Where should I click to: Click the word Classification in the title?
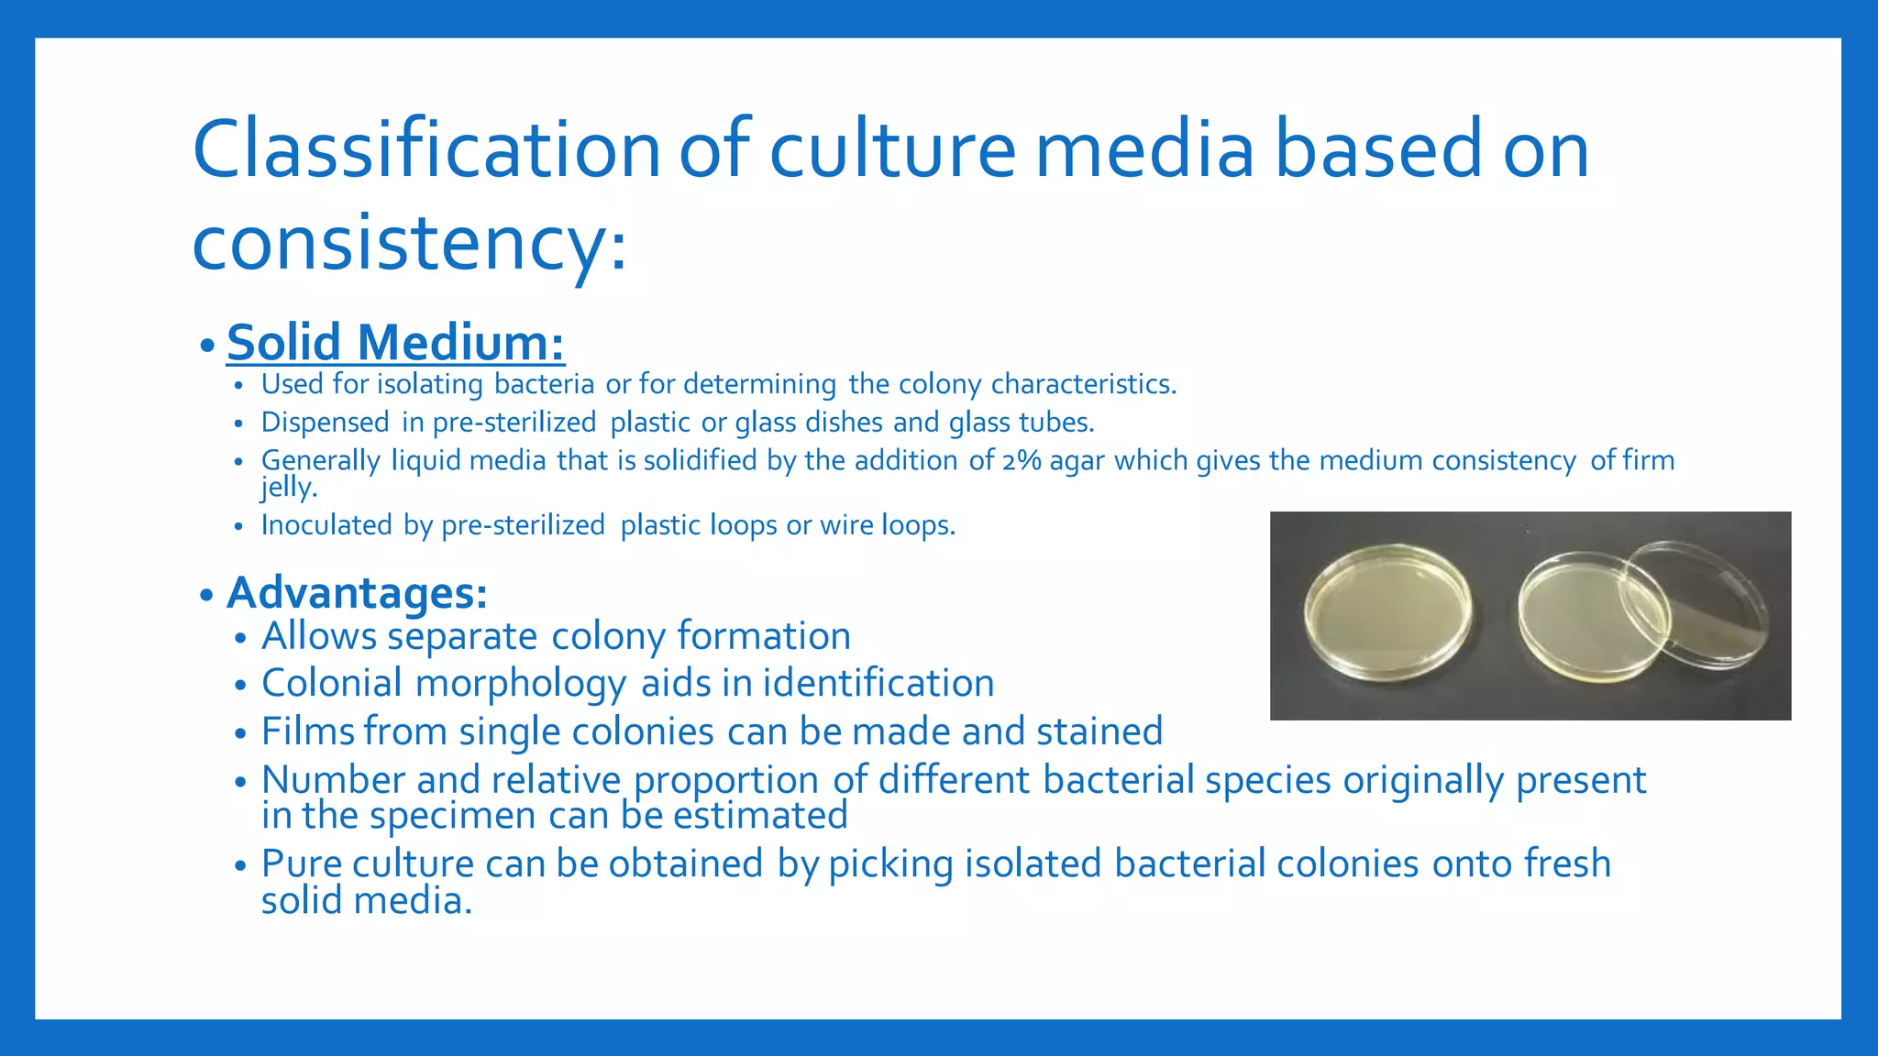click(426, 149)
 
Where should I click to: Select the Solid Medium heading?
click(395, 342)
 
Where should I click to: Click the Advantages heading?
click(357, 592)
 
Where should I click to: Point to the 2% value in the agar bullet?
click(1021, 460)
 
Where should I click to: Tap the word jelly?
click(287, 487)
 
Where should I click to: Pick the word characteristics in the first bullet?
click(1082, 384)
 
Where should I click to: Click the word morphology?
click(520, 684)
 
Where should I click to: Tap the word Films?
click(308, 731)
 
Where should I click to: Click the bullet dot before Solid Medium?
click(207, 346)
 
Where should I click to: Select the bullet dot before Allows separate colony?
click(240, 638)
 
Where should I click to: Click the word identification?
click(878, 684)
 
